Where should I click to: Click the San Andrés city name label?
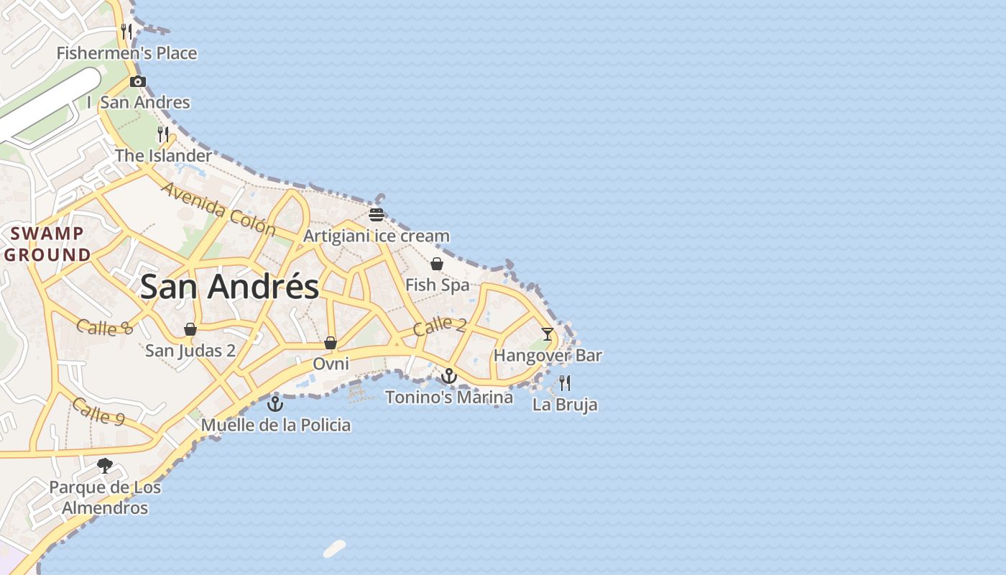tap(229, 287)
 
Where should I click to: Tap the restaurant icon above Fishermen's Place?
tap(126, 31)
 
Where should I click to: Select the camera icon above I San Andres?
tap(138, 81)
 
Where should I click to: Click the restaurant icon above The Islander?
tap(163, 134)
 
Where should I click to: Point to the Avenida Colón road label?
tap(218, 208)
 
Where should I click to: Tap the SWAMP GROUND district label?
tap(47, 244)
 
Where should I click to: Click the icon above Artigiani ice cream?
tap(377, 214)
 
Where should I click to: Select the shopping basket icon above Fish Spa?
tap(436, 264)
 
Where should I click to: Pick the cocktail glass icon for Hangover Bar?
tap(548, 333)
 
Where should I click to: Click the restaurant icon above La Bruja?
tap(565, 382)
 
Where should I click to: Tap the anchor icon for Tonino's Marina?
tap(449, 376)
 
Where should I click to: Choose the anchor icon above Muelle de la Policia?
tap(275, 403)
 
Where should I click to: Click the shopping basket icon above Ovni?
tap(331, 343)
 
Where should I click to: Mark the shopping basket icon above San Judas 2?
tap(190, 329)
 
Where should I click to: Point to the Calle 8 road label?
tap(105, 327)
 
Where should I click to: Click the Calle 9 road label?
tap(101, 411)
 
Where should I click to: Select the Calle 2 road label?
tap(439, 326)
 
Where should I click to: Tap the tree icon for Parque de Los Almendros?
tap(105, 466)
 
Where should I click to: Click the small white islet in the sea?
tap(335, 548)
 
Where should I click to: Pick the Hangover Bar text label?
tap(548, 355)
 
